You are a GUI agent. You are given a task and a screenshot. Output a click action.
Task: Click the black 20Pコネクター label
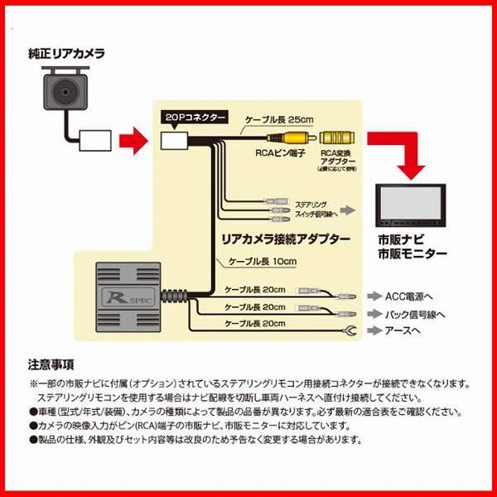point(190,118)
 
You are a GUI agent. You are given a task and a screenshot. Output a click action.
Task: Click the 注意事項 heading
point(51,364)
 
